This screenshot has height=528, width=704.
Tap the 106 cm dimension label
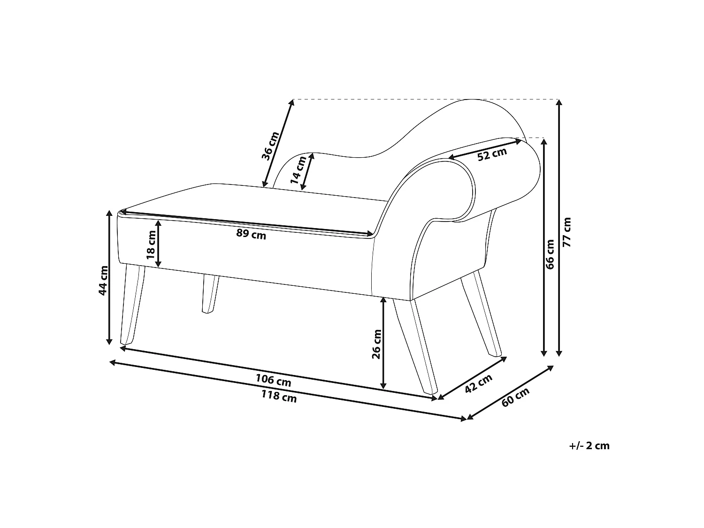coord(273,380)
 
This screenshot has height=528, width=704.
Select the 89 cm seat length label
coord(251,234)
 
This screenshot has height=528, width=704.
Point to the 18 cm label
coord(151,245)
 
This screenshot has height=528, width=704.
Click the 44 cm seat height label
coord(103,281)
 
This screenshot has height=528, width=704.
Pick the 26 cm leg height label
coord(376,344)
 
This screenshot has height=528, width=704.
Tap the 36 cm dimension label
coord(270,146)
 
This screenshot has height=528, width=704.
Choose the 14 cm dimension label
coord(298,170)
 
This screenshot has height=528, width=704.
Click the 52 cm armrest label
coord(492,154)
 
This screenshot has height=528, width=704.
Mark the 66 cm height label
coord(550,254)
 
